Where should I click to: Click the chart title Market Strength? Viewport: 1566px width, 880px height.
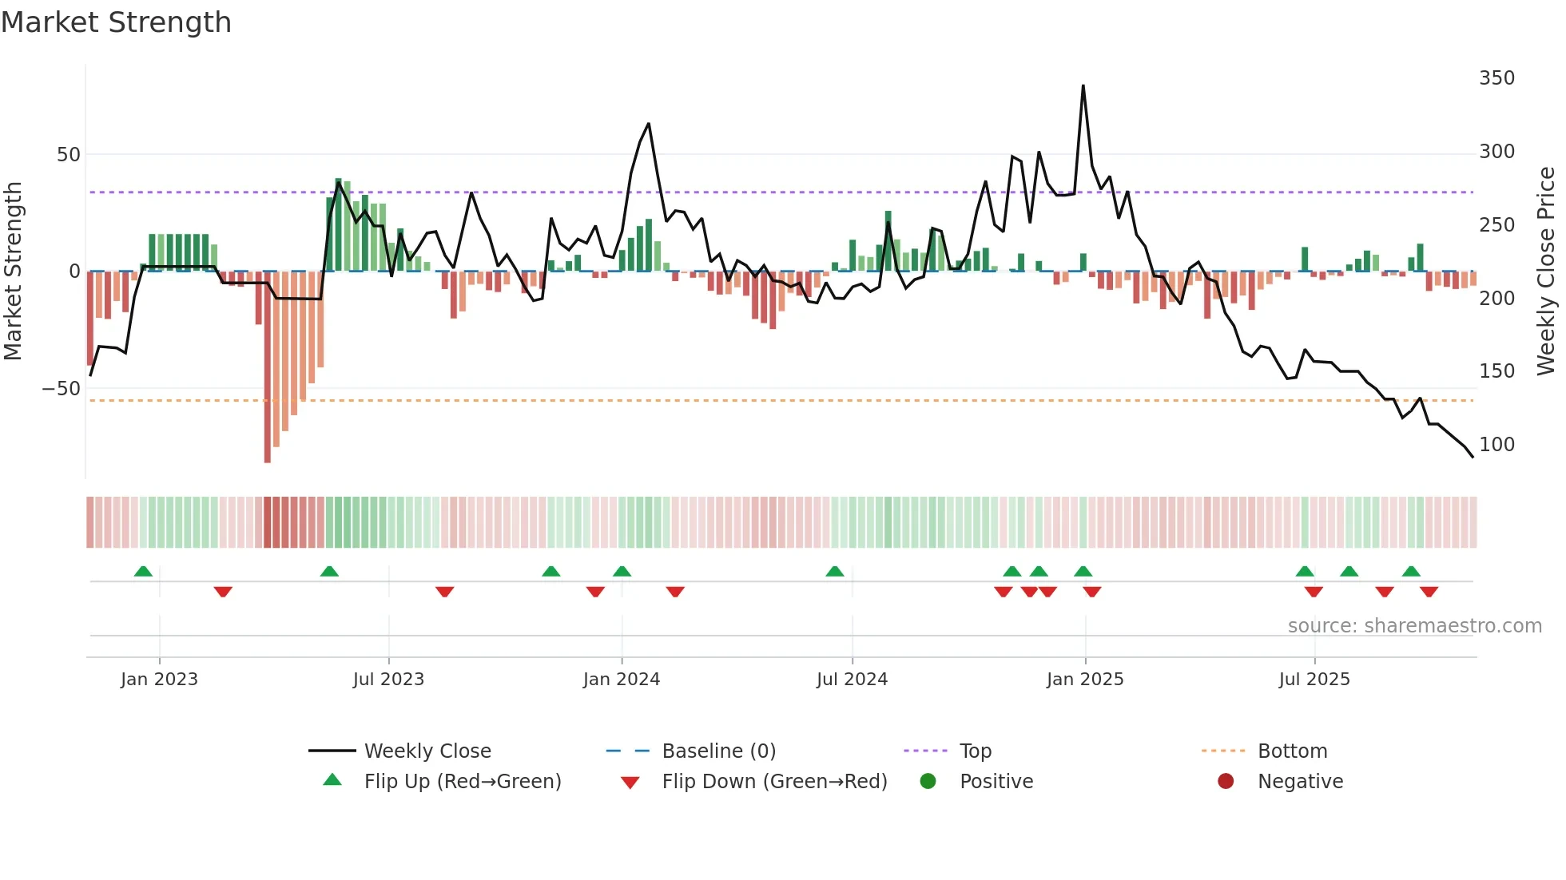[117, 22]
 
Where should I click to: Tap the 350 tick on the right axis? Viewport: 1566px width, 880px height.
[1496, 78]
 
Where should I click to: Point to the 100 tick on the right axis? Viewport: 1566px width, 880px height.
[1496, 445]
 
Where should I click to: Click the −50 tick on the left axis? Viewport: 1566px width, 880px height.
[62, 389]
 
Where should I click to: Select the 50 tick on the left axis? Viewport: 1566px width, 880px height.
[69, 155]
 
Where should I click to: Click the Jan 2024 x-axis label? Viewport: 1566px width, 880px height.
[621, 680]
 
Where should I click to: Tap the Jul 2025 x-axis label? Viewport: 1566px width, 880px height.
[1314, 680]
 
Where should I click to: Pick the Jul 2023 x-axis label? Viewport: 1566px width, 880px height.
[388, 680]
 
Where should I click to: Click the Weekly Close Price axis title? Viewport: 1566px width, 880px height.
[1546, 272]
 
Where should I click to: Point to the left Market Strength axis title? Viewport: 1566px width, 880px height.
[14, 272]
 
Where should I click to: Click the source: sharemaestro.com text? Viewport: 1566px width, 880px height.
[1414, 626]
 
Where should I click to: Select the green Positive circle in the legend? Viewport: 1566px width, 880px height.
[928, 781]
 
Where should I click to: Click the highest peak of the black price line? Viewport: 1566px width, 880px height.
[1083, 86]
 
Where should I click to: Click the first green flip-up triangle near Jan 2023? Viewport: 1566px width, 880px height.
[143, 571]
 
